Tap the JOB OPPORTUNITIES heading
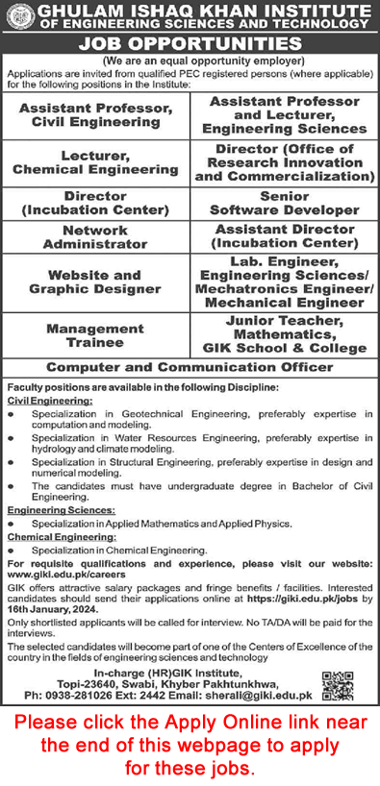(190, 44)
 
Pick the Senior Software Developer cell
(283, 203)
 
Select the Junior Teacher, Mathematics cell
(283, 335)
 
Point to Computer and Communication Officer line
(190, 367)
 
